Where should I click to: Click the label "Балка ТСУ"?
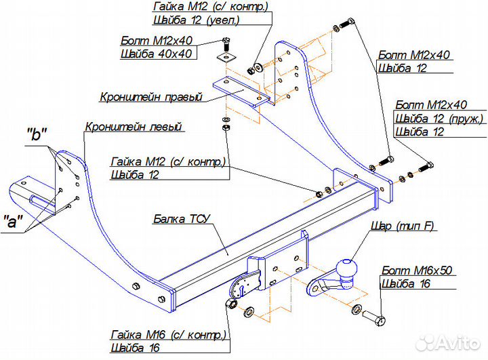click(182, 218)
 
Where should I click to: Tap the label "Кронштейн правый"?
click(151, 97)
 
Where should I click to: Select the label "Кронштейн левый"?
click(134, 126)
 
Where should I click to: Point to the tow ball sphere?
click(348, 269)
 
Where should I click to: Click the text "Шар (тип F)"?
click(402, 226)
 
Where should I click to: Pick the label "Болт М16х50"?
click(415, 270)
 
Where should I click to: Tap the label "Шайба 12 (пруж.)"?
click(438, 119)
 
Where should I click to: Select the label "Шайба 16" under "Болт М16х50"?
click(403, 283)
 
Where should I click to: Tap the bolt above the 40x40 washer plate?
click(224, 43)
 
